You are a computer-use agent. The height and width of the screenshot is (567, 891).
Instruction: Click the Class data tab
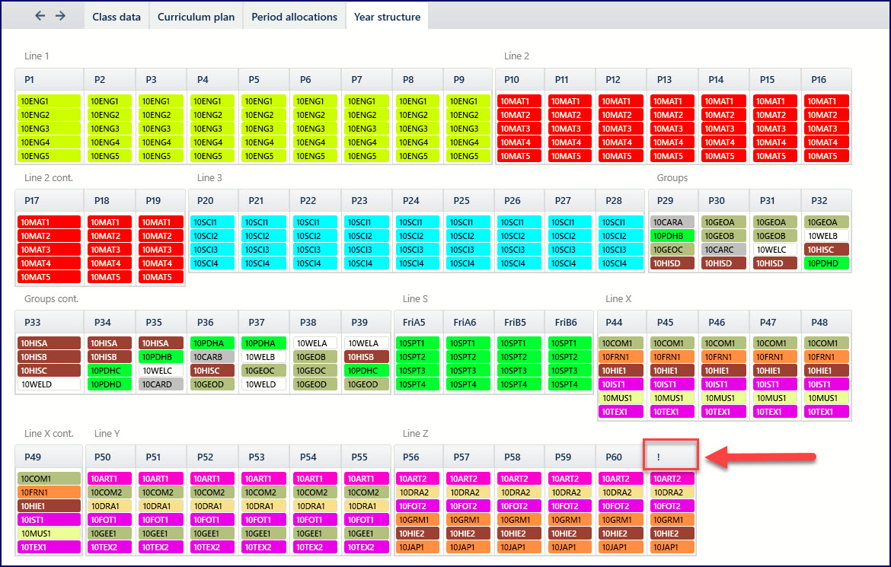tap(117, 17)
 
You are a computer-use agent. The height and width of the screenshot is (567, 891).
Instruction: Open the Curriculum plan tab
tap(196, 17)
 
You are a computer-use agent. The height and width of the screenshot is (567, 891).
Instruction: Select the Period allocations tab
tap(294, 17)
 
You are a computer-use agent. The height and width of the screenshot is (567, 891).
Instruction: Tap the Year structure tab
tap(387, 17)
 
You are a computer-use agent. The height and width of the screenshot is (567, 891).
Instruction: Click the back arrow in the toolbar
tap(40, 16)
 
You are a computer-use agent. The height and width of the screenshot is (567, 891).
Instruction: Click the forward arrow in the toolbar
tap(61, 16)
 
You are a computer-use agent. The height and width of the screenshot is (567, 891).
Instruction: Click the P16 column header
tap(826, 79)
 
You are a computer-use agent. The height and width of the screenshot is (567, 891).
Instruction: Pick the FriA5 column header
tap(417, 322)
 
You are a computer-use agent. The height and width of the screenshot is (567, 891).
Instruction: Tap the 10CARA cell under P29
tap(672, 222)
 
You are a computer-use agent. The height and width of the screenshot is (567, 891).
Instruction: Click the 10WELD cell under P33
tap(49, 384)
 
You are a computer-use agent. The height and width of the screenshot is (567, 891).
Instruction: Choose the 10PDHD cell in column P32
tap(826, 263)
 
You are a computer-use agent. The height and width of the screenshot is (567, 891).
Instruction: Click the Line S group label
tap(415, 299)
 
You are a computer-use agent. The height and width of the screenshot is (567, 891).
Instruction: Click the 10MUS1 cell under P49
tap(49, 534)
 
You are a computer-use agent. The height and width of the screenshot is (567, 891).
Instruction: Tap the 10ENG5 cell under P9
tap(468, 156)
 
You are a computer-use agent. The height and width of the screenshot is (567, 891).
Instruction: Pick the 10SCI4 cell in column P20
tap(214, 263)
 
